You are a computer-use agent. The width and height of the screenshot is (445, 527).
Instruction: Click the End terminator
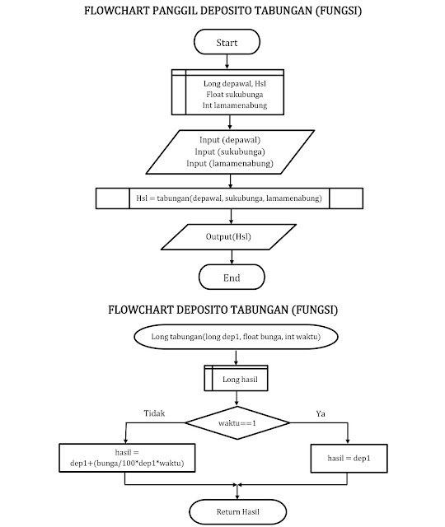point(232,277)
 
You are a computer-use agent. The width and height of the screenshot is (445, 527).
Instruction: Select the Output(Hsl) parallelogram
point(229,237)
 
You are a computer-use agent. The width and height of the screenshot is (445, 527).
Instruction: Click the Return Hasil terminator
point(237,511)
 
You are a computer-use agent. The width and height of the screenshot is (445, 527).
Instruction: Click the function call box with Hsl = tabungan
point(229,198)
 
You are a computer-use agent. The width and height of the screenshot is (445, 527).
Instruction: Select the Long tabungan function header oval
point(237,338)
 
